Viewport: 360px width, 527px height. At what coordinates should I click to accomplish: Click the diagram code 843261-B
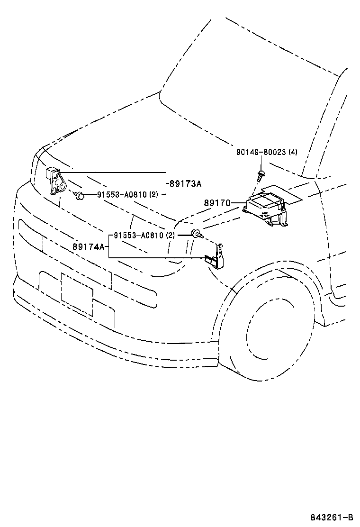[332, 517]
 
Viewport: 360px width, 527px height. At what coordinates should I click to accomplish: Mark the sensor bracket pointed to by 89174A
[216, 258]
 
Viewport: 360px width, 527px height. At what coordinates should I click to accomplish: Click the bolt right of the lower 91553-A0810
[196, 233]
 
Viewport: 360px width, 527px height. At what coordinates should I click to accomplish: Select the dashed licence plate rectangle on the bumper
[77, 294]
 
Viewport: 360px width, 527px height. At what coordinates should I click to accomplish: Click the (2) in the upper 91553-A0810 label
[154, 194]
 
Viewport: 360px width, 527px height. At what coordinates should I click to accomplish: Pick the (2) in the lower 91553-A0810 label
[171, 235]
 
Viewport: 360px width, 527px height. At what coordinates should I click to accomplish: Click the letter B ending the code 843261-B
[351, 517]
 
